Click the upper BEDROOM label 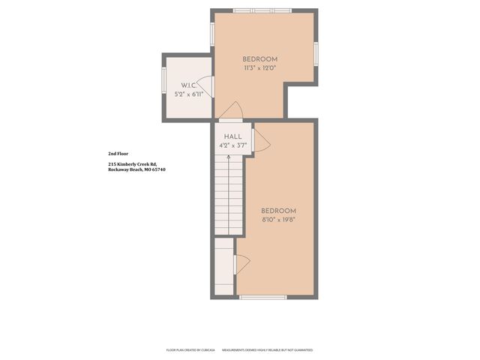click(260, 59)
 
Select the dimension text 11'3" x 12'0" click(260, 68)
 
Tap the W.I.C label click(187, 85)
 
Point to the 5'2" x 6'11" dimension click(188, 94)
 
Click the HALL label click(232, 136)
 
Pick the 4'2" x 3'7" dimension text click(232, 145)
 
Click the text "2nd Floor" click(118, 153)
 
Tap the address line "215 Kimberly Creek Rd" click(132, 163)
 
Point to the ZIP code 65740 click(157, 169)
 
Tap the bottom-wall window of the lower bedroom click(262, 298)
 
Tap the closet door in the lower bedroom click(241, 263)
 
